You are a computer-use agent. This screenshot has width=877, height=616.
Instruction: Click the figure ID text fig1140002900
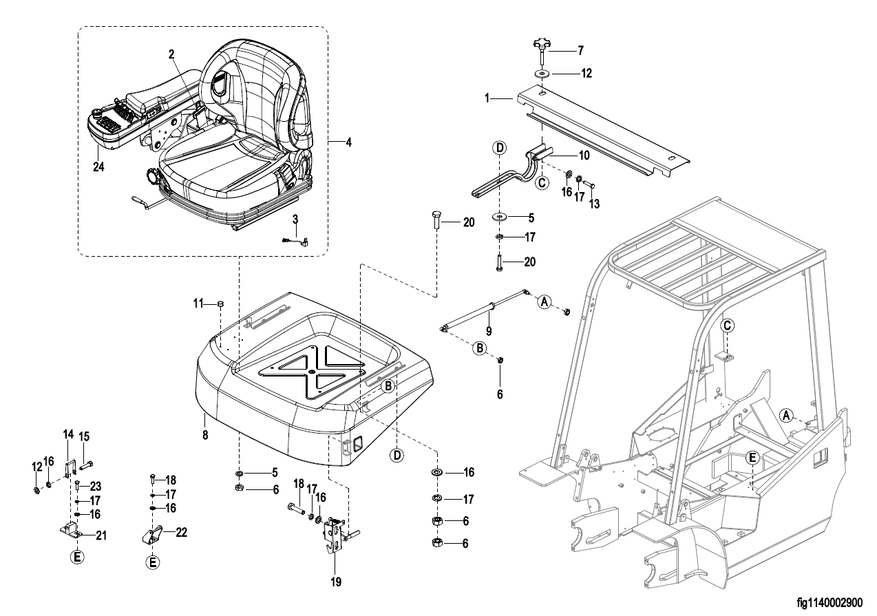point(830,603)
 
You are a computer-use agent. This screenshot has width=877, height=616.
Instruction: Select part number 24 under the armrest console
point(98,167)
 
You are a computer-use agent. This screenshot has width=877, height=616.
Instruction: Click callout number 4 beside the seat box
point(348,142)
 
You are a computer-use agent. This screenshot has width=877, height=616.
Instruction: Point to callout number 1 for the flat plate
point(487,98)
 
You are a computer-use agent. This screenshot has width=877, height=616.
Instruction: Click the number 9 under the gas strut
point(489,331)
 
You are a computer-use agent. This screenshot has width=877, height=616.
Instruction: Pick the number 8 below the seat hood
point(205,434)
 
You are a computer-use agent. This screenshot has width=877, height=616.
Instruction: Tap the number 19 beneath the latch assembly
point(336,582)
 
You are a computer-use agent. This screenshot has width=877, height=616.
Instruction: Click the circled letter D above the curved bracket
point(500,148)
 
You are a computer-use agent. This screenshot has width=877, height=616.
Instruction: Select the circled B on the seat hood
point(388,386)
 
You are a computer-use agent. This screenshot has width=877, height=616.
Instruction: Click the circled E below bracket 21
point(77,557)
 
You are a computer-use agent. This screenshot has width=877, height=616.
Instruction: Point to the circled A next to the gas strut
point(544,301)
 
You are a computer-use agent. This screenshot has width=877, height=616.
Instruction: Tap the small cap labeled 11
point(220,304)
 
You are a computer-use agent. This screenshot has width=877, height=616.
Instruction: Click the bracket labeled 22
point(152,535)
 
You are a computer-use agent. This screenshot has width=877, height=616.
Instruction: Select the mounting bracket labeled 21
point(70,531)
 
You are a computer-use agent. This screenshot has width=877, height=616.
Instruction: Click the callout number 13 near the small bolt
point(594,204)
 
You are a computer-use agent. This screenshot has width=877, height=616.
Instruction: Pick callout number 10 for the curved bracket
point(584,156)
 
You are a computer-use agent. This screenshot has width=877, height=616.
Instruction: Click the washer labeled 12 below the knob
point(542,74)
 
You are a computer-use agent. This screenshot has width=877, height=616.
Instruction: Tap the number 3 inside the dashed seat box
point(295,219)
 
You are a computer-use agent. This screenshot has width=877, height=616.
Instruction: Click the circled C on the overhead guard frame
point(727,326)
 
